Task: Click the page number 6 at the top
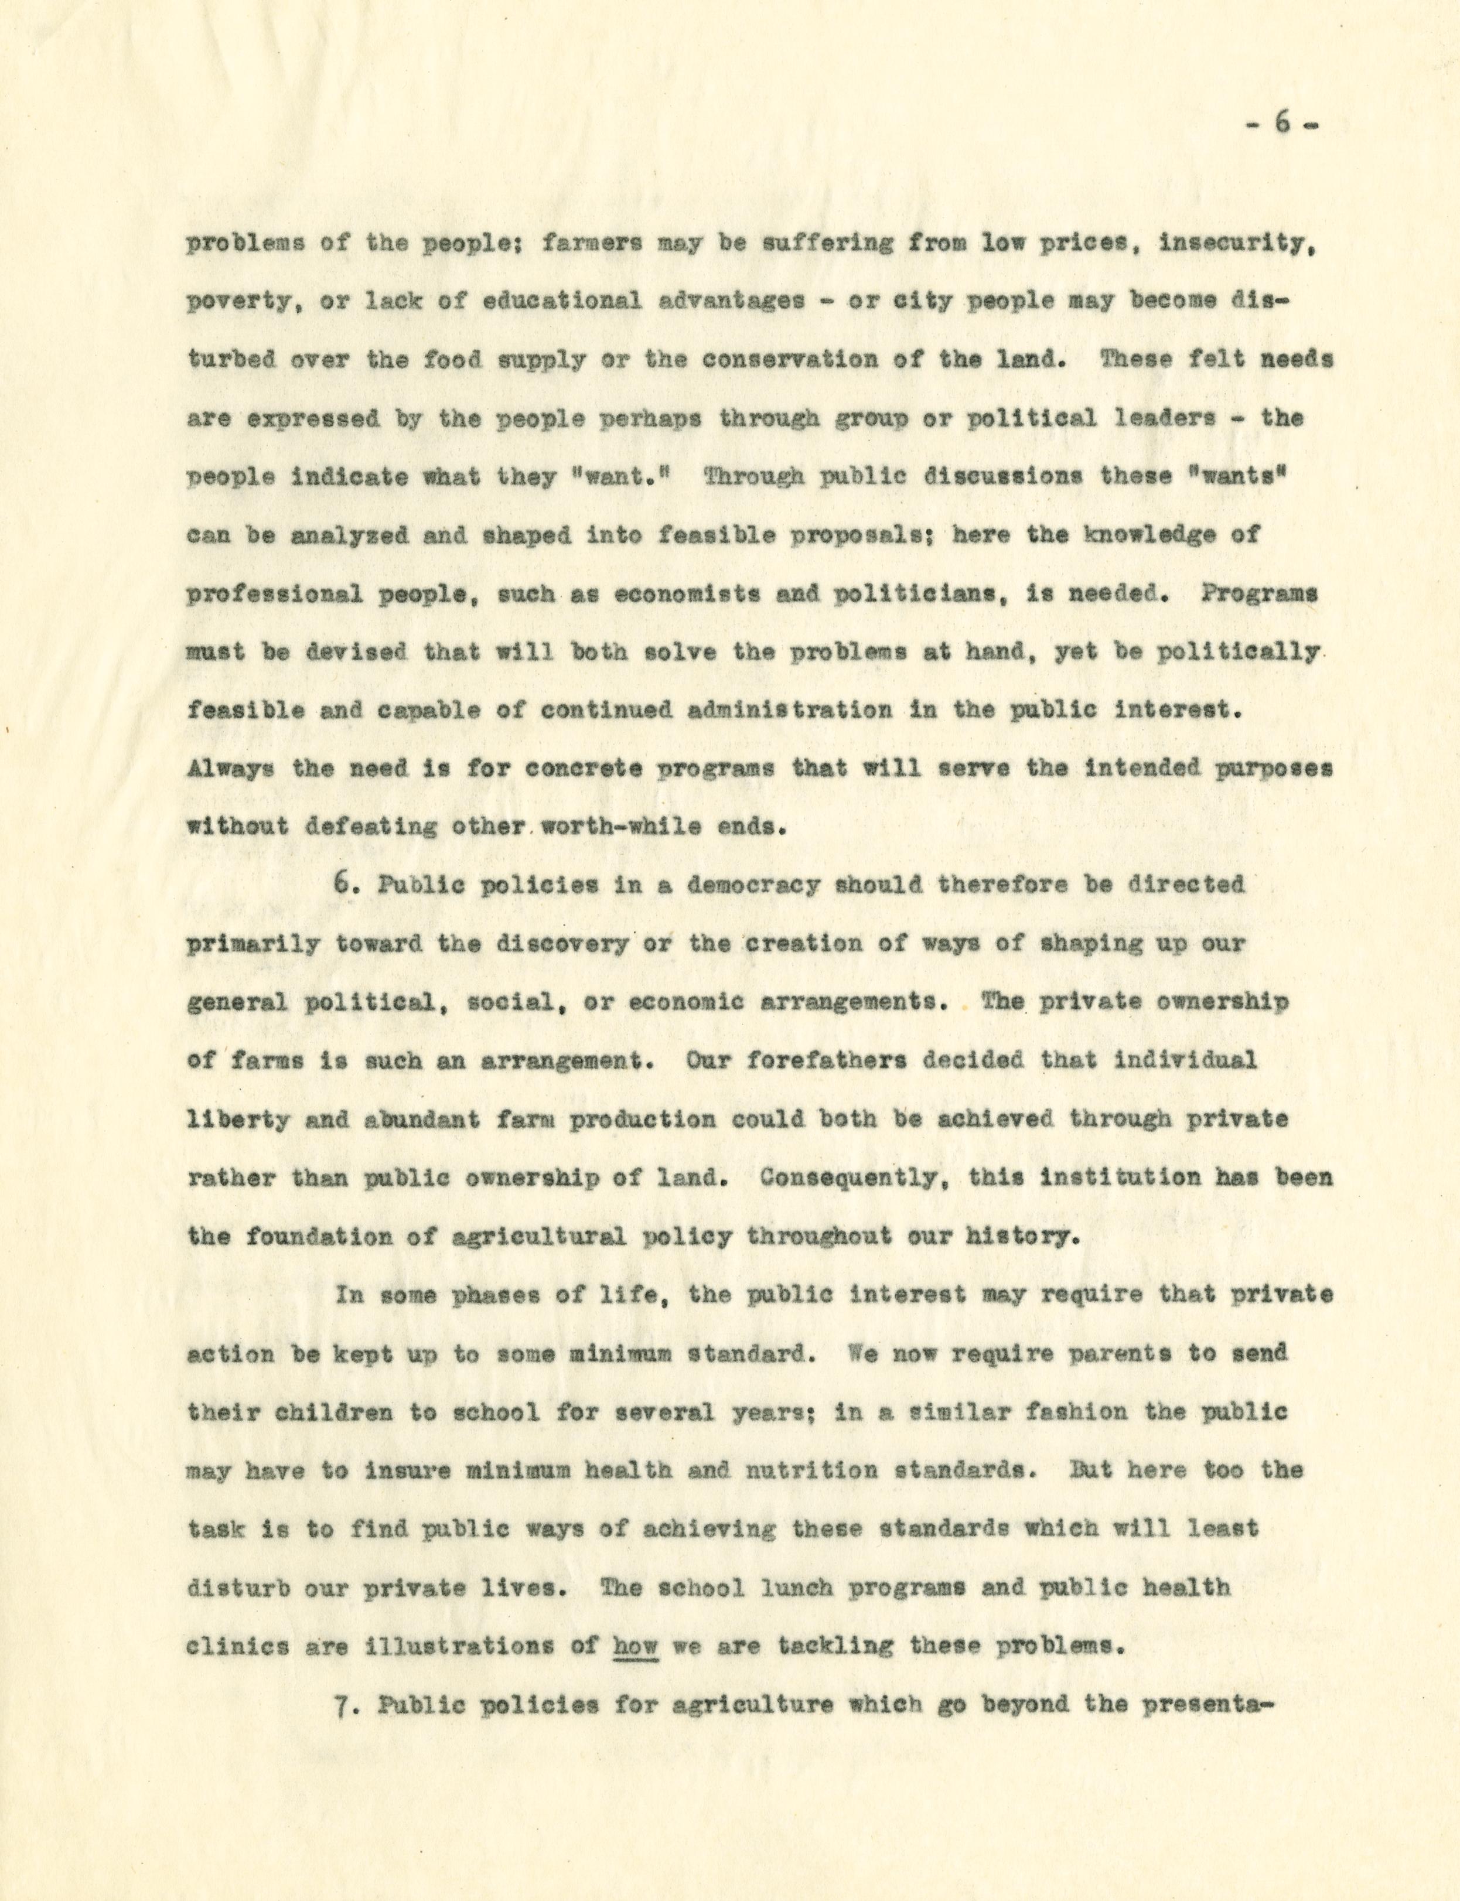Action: pos(1281,124)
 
